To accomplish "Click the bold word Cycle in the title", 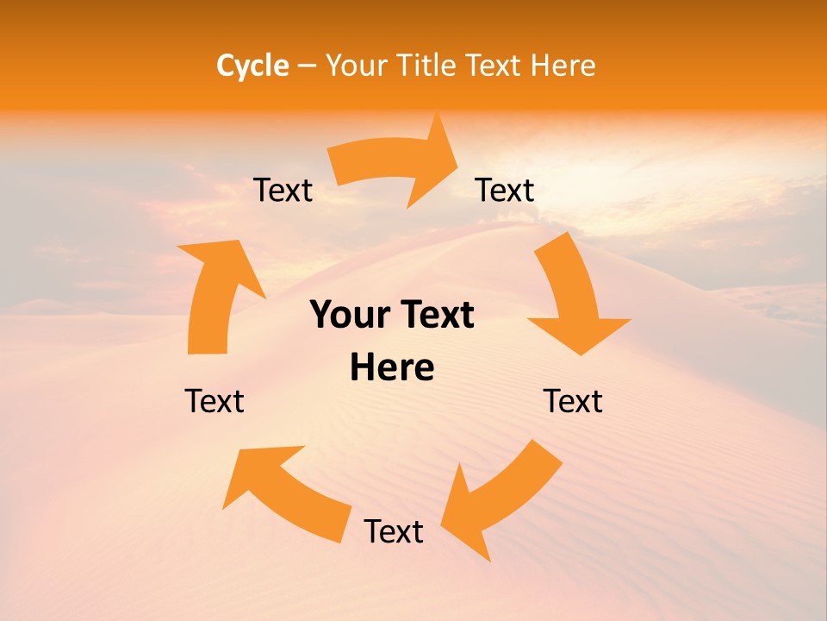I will [252, 66].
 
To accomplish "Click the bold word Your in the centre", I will [348, 316].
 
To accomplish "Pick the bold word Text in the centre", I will [436, 316].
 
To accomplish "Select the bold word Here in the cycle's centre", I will [392, 368].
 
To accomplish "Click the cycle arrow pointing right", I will [392, 164].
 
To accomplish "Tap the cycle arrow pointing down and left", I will [500, 500].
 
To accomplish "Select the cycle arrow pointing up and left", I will [284, 492].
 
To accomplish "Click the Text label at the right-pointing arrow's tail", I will [283, 191].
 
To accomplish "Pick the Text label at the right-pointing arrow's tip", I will [505, 191].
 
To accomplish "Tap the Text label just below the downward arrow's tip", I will [573, 401].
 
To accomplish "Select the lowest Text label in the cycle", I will [394, 531].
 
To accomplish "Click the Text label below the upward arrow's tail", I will [215, 401].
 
